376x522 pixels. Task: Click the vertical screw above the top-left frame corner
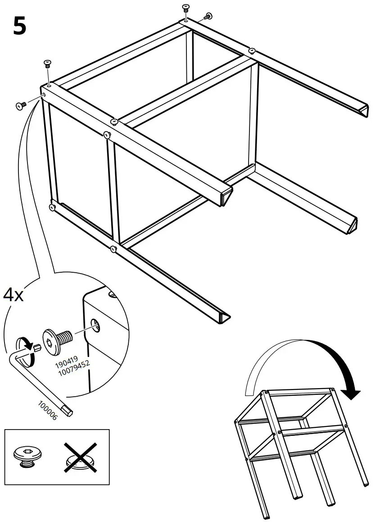(46, 64)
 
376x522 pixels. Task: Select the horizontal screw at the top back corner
(208, 17)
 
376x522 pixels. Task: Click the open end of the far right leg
(364, 110)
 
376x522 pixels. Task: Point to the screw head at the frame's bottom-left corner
(52, 207)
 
